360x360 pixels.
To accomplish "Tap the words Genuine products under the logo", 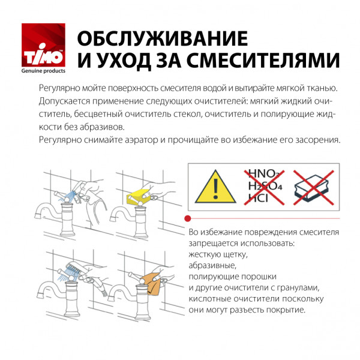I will tap(44, 71).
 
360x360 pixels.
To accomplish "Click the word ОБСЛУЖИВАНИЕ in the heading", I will tap(162, 38).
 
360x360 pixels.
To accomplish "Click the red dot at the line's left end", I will tap(188, 218).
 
